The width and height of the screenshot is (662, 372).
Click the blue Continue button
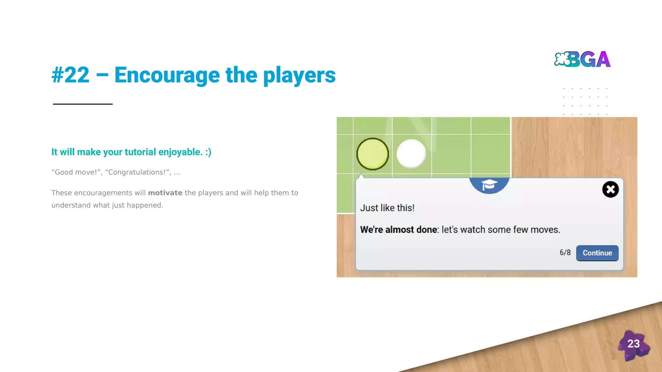[597, 253]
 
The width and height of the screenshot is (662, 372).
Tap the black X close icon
[610, 189]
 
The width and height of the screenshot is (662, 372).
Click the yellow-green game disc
[372, 154]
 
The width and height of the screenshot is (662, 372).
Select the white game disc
[411, 154]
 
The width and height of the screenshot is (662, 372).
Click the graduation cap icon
[489, 185]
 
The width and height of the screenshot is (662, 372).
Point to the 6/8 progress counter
[565, 253]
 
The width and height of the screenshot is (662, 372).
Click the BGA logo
[582, 59]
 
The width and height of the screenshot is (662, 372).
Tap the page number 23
[633, 344]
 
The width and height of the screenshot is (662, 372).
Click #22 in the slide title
[70, 75]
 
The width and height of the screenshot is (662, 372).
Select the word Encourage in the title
[167, 75]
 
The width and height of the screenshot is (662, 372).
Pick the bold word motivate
[165, 193]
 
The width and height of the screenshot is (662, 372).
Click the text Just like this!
[387, 208]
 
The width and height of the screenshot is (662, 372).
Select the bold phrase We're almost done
[399, 230]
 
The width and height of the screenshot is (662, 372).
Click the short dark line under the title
[83, 104]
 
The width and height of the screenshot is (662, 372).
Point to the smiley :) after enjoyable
[208, 152]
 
